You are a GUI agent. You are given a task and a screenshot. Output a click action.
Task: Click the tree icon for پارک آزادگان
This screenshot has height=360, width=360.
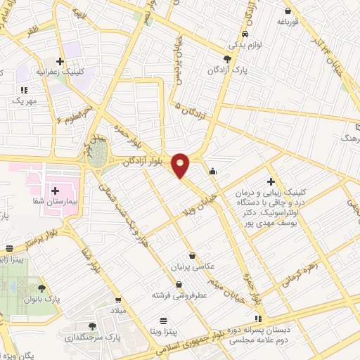point(226,59)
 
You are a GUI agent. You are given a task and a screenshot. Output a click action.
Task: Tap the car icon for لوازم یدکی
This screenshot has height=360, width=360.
point(244,34)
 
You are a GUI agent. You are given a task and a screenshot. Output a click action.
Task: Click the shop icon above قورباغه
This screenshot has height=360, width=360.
point(288,10)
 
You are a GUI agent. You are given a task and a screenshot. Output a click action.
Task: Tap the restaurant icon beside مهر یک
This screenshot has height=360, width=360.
point(24,89)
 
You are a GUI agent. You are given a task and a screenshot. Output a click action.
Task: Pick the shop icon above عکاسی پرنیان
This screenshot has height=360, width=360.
point(193,257)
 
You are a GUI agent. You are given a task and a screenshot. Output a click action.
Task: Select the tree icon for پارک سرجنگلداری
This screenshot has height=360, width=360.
point(92,326)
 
